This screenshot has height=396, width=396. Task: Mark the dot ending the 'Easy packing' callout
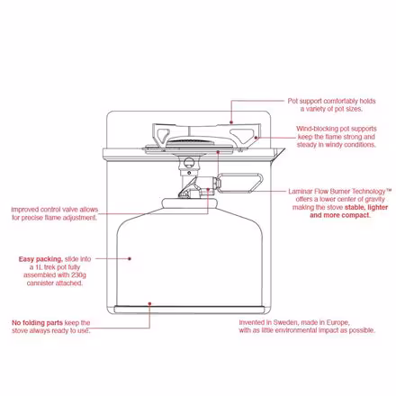click(130, 258)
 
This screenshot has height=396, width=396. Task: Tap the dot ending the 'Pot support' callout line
click(230, 122)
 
